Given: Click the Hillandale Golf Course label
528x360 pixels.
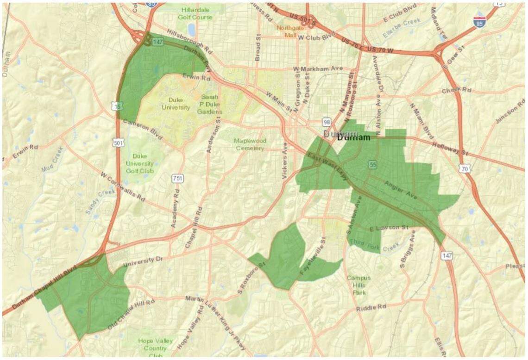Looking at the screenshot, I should tap(195, 13).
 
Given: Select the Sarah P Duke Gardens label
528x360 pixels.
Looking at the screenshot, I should tap(209, 104).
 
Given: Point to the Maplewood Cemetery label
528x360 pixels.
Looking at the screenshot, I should tap(249, 144).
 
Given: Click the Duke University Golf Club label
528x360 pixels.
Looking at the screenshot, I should tap(139, 163).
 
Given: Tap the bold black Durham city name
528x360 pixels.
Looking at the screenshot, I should tap(354, 138).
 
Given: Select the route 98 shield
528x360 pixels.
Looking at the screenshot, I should tap(327, 121).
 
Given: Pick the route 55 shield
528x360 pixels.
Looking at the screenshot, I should tap(372, 165).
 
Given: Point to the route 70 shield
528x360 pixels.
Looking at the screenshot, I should tap(465, 169).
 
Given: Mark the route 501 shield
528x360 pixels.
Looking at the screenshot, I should tap(118, 143).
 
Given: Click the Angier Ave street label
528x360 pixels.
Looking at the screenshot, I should tap(401, 190).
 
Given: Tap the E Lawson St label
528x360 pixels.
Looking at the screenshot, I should tap(389, 227).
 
